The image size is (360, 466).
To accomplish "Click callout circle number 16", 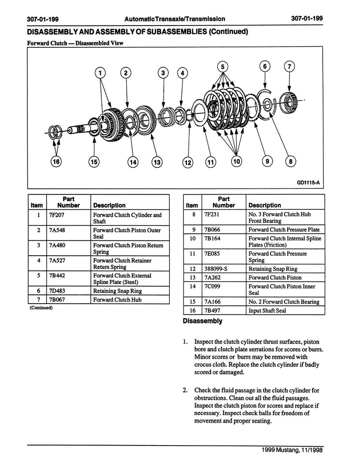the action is [56, 162].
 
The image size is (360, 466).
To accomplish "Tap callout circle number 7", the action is [289, 66].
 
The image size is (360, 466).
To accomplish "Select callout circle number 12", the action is [188, 162].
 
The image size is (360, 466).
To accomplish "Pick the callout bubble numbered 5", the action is [223, 66].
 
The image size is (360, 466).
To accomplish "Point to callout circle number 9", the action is [268, 162].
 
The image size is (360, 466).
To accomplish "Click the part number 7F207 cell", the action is [56, 215].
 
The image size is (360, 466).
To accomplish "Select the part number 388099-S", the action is [216, 269].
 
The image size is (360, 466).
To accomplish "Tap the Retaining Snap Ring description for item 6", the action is [117, 291].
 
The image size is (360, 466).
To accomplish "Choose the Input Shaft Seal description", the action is [267, 310].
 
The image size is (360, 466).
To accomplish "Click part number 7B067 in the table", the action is [57, 299].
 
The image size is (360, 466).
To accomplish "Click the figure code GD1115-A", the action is [308, 182].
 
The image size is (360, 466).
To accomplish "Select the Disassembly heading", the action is [203, 321].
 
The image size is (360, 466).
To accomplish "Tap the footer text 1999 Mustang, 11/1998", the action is [292, 450].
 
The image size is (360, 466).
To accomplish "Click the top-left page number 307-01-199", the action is [43, 19].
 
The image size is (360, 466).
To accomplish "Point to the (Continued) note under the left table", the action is [41, 308].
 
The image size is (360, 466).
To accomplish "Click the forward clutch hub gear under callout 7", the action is [289, 103].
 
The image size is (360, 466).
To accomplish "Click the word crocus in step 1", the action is [203, 365].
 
